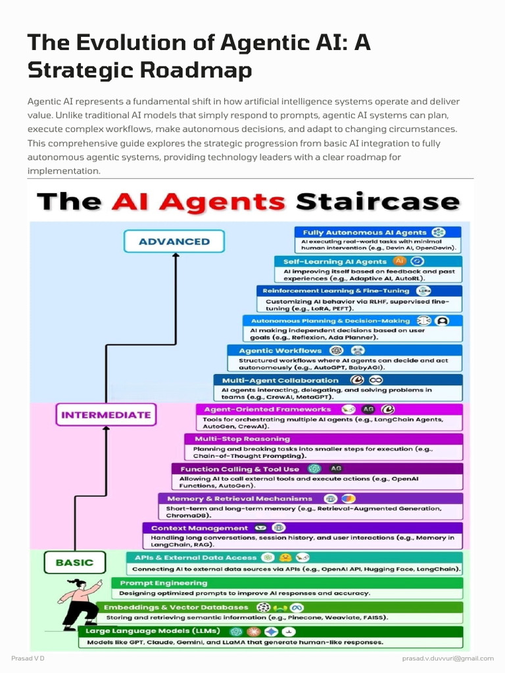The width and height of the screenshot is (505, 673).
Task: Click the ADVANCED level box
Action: (174, 241)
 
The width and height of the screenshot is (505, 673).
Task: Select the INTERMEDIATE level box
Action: (106, 415)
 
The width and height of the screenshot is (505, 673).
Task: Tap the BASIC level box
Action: (75, 563)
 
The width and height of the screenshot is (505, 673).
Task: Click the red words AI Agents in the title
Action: (199, 202)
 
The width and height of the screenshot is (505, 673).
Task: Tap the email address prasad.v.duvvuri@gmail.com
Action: (448, 659)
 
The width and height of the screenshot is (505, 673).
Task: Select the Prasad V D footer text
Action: (28, 659)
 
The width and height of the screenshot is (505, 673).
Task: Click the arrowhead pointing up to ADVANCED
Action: (176, 256)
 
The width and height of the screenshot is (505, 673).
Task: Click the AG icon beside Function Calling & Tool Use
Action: (336, 469)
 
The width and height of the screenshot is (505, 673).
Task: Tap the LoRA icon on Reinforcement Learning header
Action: (424, 291)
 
